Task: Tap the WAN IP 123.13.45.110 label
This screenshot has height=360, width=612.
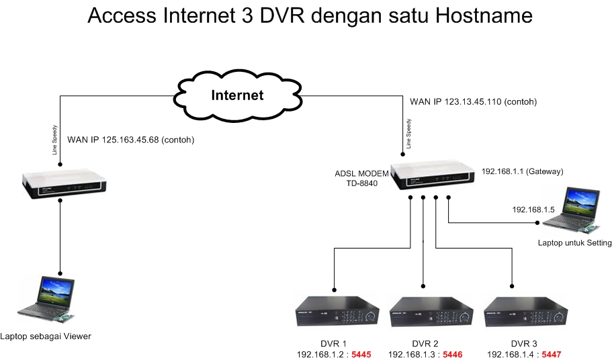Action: pos(474,101)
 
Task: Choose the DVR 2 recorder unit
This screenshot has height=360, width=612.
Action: pos(425,312)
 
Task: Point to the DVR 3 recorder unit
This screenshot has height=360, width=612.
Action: pos(523,312)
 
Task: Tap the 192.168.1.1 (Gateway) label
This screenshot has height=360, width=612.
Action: pos(522,172)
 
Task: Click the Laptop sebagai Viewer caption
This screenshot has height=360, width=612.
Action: pos(45,336)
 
